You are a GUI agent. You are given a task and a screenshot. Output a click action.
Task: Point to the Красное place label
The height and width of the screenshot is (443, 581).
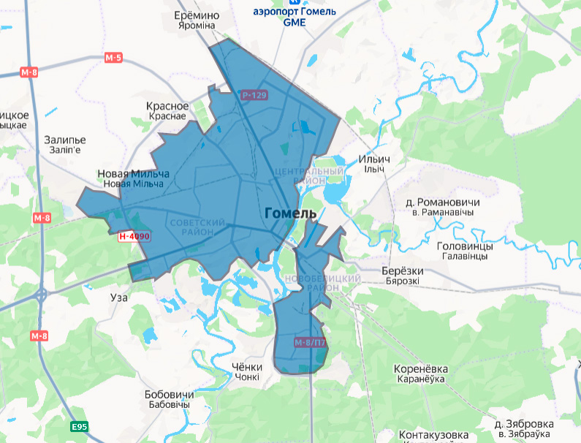pyautogui.click(x=167, y=107)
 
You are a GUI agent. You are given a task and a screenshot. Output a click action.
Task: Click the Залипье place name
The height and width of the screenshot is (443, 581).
pyautogui.click(x=65, y=140)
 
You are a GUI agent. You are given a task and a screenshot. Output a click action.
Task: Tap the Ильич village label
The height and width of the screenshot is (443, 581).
pyautogui.click(x=374, y=159)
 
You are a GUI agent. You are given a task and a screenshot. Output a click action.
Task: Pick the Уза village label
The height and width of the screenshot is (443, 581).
pyautogui.click(x=118, y=298)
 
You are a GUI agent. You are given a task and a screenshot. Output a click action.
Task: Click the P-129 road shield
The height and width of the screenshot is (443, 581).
pyautogui.click(x=254, y=95)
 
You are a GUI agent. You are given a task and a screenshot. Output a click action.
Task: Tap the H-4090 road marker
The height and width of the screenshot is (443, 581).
pyautogui.click(x=134, y=236)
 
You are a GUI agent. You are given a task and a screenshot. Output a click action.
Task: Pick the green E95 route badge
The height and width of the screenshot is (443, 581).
pyautogui.click(x=79, y=426)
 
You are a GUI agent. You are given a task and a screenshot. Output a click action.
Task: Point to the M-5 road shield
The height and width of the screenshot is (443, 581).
pyautogui.click(x=113, y=57)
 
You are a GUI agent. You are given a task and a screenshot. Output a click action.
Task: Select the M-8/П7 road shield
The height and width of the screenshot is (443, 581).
pyautogui.click(x=309, y=342)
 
